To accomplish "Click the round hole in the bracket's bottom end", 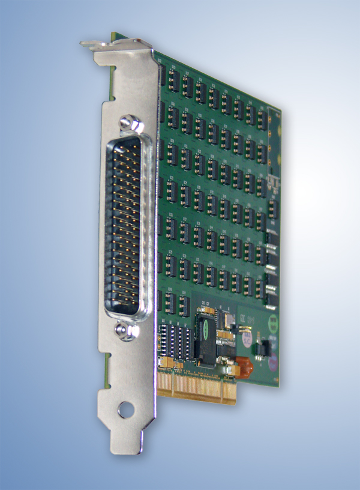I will coord(125,410).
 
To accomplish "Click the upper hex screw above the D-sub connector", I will coord(127,123).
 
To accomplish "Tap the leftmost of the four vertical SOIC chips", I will coord(164,342).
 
